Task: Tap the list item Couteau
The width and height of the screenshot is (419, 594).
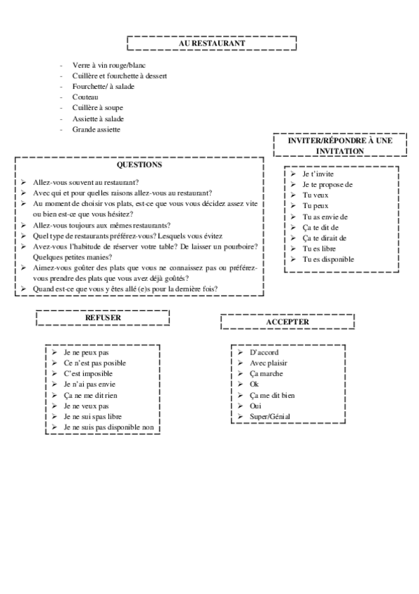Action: pyautogui.click(x=85, y=97)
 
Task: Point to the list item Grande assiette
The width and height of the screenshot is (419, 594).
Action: pyautogui.click(x=96, y=130)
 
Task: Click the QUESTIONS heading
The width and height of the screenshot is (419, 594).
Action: pyautogui.click(x=139, y=165)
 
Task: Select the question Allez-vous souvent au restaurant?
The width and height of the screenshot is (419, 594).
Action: pyautogui.click(x=86, y=182)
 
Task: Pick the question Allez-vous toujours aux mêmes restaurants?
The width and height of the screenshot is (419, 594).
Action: pyautogui.click(x=101, y=225)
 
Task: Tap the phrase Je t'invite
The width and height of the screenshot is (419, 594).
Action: pyautogui.click(x=318, y=173)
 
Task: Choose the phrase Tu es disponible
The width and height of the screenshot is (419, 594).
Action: pyautogui.click(x=328, y=259)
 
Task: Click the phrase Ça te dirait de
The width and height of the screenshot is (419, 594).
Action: pyautogui.click(x=325, y=237)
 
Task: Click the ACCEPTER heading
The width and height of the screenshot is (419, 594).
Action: pyautogui.click(x=287, y=322)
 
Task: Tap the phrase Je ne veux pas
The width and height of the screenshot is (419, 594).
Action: pyautogui.click(x=86, y=406)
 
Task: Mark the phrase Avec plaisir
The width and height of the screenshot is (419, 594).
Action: pyautogui.click(x=269, y=363)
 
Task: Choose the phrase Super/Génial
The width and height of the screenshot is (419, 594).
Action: pyautogui.click(x=270, y=417)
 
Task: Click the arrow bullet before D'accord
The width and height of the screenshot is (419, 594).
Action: pyautogui.click(x=240, y=352)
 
